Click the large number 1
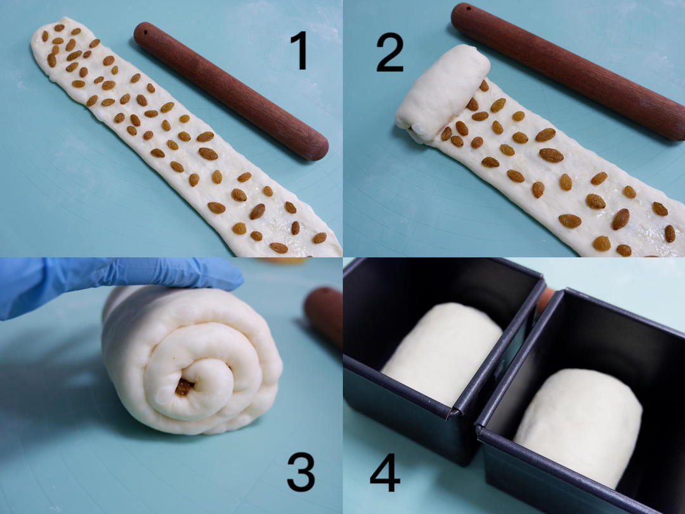[x=300, y=51]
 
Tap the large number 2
[x=389, y=53]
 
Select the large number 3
[x=301, y=472]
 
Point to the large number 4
[x=386, y=473]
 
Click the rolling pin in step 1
[x=231, y=91]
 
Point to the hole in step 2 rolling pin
[x=468, y=8]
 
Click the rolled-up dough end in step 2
[x=442, y=93]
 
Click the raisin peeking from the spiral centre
[x=184, y=386]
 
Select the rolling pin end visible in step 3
[x=324, y=315]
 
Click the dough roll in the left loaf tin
[x=442, y=353]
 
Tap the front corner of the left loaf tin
[x=453, y=412]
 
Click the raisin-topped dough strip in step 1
[x=175, y=136]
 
